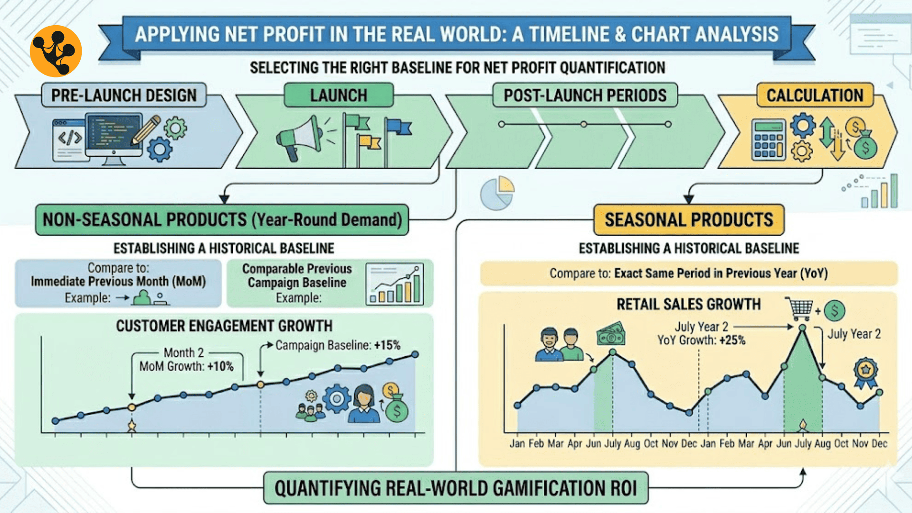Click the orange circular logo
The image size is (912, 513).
click(x=56, y=51)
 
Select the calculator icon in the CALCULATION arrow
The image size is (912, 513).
click(x=769, y=139)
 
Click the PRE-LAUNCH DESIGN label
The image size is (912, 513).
click(x=124, y=95)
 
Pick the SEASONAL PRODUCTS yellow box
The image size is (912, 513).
click(x=689, y=220)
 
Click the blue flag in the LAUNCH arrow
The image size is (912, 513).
click(x=398, y=127)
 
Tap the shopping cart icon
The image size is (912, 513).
click(x=799, y=309)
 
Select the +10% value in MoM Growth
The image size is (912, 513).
click(x=220, y=366)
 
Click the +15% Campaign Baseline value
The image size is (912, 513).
click(x=387, y=345)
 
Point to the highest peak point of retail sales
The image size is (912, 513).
click(x=802, y=328)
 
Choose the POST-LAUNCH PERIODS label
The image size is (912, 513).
click(x=585, y=95)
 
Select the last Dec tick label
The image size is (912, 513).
click(x=879, y=443)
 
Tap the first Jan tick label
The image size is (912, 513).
click(x=517, y=443)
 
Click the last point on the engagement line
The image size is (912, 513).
click(x=415, y=354)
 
